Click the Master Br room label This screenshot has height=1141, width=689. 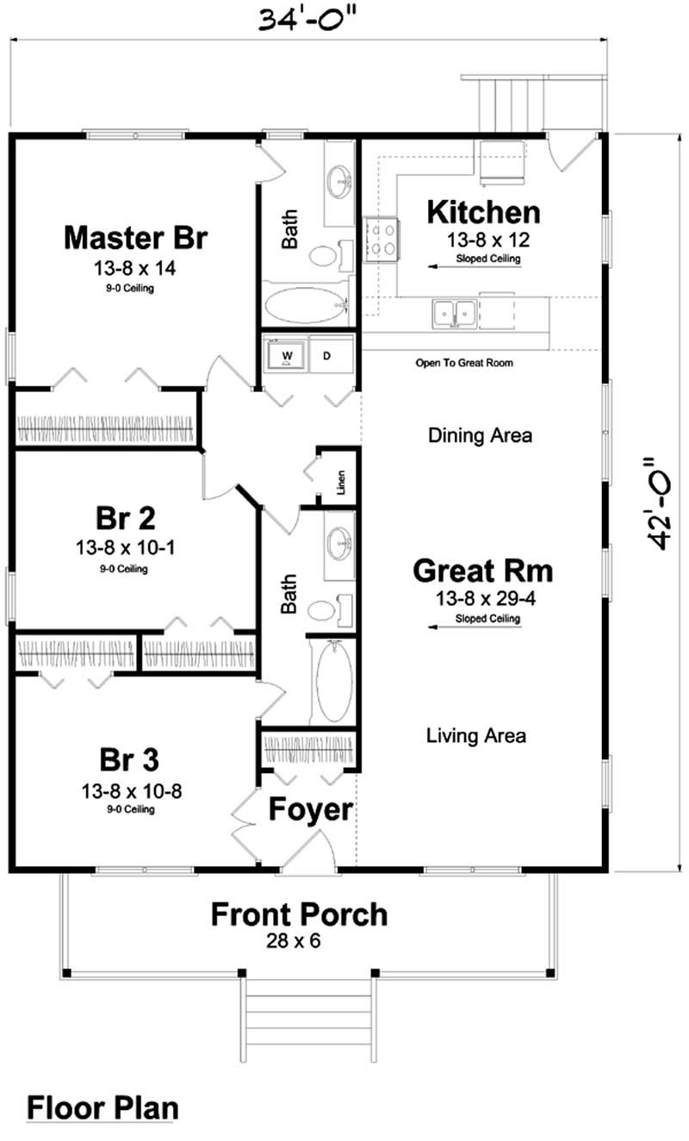(135, 237)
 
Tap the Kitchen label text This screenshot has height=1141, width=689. (484, 211)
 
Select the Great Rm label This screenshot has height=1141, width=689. (483, 570)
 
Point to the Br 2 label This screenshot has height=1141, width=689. (126, 518)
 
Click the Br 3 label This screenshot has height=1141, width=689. (129, 760)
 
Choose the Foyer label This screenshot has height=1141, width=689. (311, 809)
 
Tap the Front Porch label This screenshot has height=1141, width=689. (300, 913)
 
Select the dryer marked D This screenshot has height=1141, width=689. (327, 355)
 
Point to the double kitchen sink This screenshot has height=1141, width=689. (454, 314)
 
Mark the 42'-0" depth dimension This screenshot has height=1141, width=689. (661, 502)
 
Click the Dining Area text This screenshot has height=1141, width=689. (480, 435)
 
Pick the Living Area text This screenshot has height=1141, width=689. (476, 735)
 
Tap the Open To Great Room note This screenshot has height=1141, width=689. (464, 363)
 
